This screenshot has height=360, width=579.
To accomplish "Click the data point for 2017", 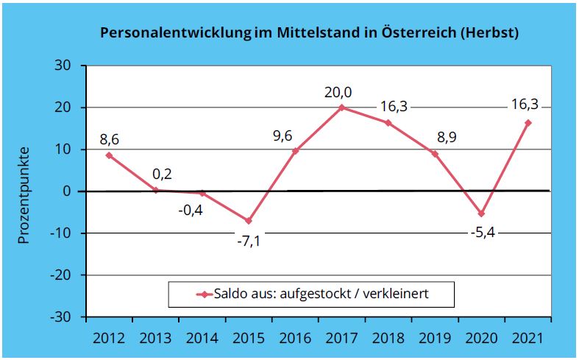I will click(x=342, y=107).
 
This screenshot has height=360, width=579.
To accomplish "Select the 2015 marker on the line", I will click(x=249, y=221).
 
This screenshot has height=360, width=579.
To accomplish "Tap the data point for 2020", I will click(x=481, y=213).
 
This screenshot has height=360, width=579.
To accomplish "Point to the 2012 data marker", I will click(x=109, y=155).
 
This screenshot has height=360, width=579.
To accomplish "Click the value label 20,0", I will click(x=338, y=93).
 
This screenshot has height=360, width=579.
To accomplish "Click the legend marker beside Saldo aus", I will click(x=204, y=294).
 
